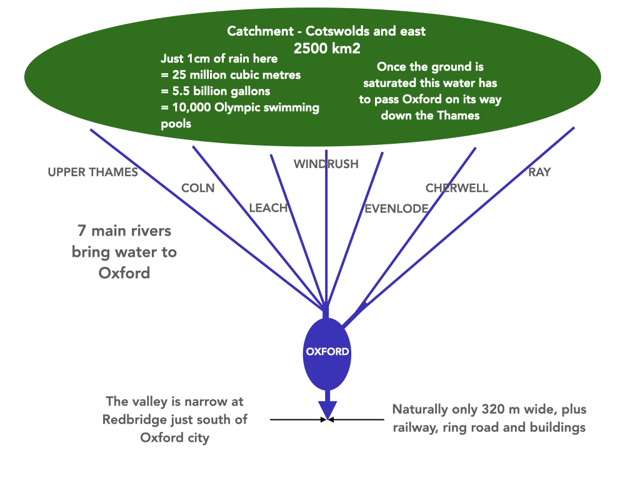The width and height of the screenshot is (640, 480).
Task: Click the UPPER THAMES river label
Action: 92,172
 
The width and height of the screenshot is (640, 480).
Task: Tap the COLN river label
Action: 197,188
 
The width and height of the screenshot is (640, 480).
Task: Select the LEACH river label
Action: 268,208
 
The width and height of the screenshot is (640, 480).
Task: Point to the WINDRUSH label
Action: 326,164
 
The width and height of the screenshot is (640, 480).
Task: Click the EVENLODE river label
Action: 396,209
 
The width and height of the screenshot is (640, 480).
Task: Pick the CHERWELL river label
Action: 457,188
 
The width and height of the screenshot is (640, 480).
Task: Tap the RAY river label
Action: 539,172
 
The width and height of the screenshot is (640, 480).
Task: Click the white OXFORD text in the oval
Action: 327,352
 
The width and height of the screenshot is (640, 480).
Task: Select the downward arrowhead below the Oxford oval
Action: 327,409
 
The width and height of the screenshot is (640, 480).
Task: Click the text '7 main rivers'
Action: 124,231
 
